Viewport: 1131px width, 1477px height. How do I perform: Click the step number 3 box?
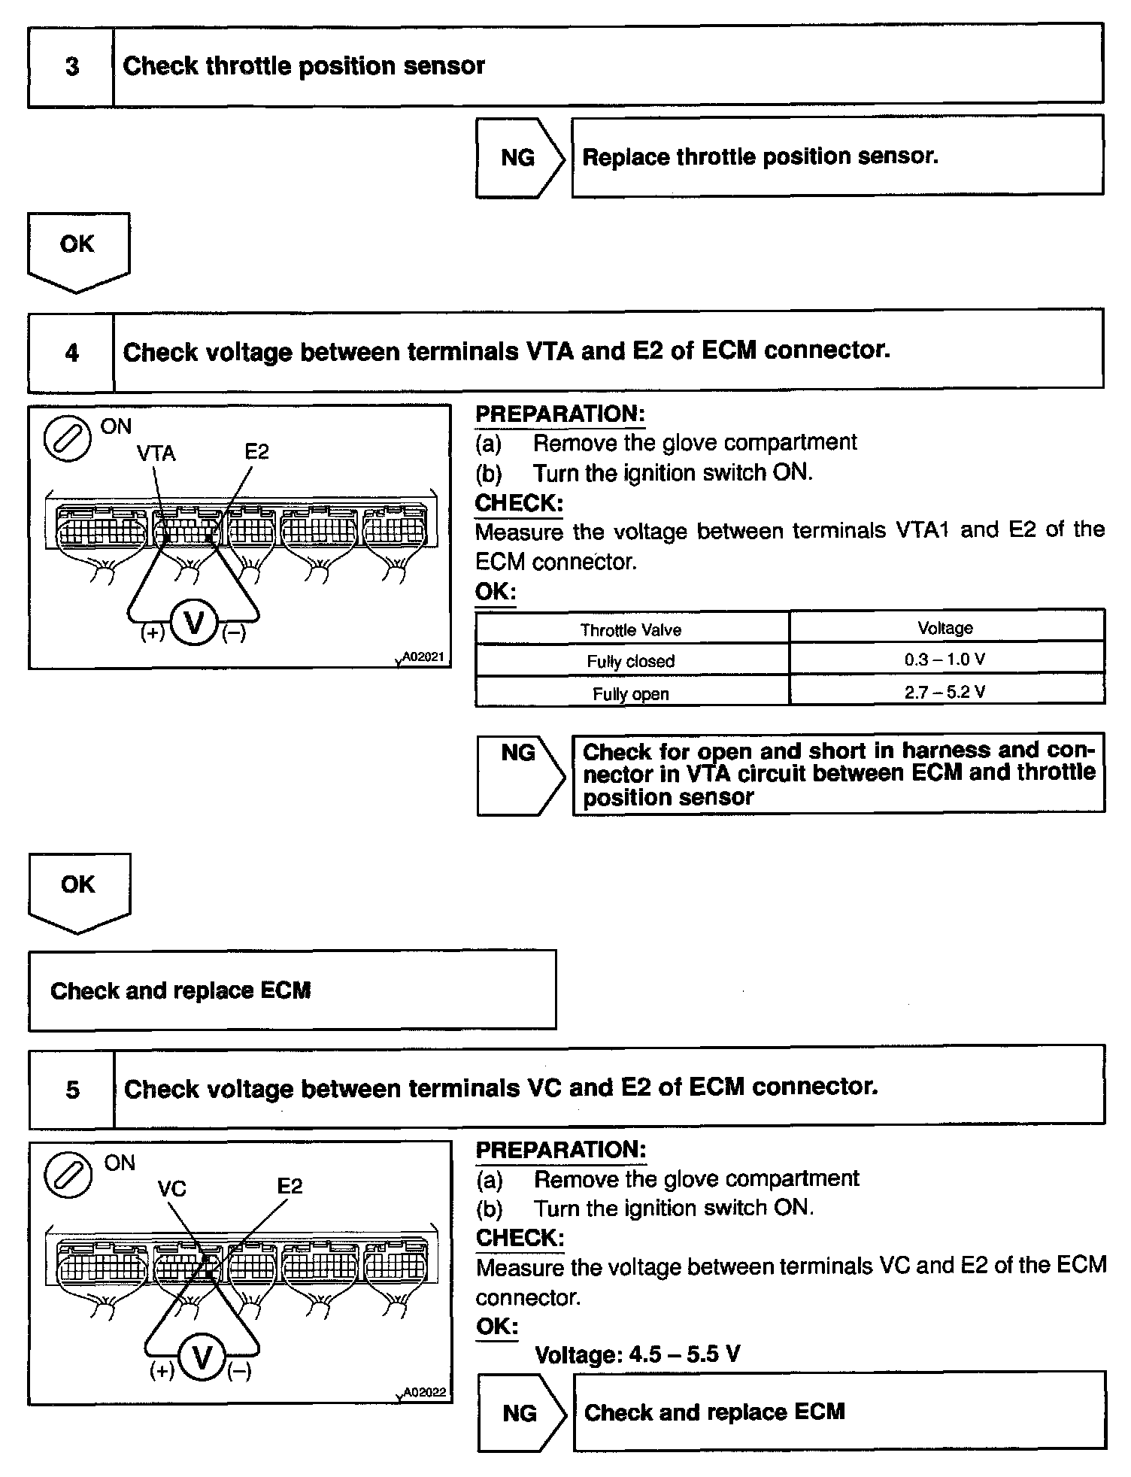(x=71, y=66)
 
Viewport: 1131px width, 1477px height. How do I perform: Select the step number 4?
(x=71, y=352)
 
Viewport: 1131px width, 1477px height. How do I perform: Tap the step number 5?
(x=72, y=1089)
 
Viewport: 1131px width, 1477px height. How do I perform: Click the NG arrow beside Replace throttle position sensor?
(x=519, y=157)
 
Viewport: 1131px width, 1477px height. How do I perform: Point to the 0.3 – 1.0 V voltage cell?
(x=945, y=660)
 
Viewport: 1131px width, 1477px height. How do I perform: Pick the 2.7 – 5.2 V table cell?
(x=945, y=692)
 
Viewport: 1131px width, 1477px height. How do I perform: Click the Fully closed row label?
(x=631, y=661)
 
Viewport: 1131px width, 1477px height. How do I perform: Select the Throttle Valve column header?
(x=631, y=629)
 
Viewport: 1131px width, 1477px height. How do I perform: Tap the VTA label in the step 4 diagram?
(x=156, y=453)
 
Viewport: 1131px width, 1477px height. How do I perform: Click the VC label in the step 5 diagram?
(x=171, y=1189)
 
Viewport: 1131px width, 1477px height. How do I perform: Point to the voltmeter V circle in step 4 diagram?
(x=194, y=623)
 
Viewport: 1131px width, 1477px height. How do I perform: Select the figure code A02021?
(x=423, y=657)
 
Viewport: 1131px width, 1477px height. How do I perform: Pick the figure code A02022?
(x=424, y=1392)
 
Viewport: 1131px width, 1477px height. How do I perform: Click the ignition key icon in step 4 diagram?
(x=68, y=439)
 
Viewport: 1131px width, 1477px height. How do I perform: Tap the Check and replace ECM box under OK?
(x=292, y=990)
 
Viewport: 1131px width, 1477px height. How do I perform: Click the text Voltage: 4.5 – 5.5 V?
(x=637, y=1354)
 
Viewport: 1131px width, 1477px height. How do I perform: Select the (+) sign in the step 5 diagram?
(x=162, y=1370)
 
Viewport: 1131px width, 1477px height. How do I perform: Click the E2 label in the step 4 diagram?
(x=256, y=451)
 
